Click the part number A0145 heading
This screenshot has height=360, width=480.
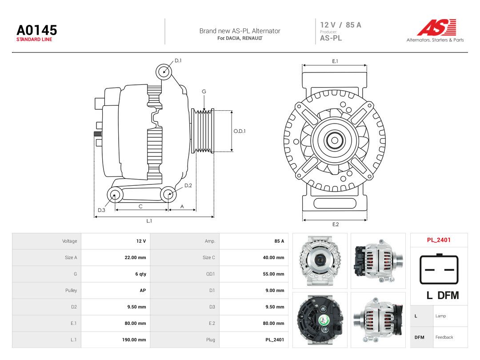pos(37,30)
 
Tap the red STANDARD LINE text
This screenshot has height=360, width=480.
pos(34,40)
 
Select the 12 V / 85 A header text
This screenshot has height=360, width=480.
pos(340,25)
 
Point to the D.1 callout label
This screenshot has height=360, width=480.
pos(178,60)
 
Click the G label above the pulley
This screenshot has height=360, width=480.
pos(204,92)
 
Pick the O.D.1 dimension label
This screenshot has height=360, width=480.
pos(240,131)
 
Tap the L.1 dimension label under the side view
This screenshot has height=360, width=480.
pos(149,221)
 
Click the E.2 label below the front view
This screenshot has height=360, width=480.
pos(336,224)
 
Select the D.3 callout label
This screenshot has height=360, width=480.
pos(101,210)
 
